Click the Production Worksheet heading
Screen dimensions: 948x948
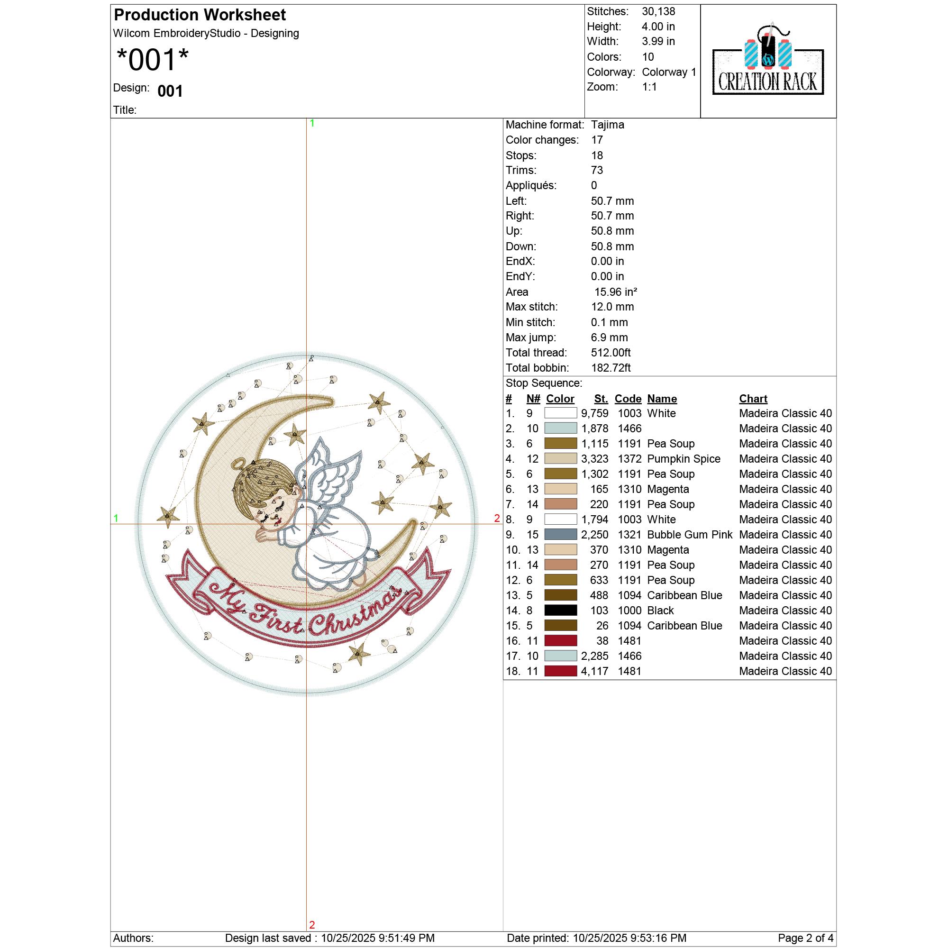(200, 15)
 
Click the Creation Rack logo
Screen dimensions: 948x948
(768, 59)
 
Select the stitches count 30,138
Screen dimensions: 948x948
(658, 11)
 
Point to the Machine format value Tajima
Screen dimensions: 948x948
(608, 125)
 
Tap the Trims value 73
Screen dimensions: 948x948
(597, 170)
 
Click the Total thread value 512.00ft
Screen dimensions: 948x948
(611, 353)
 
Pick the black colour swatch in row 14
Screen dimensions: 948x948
(561, 611)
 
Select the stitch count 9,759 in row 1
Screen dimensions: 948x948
(595, 414)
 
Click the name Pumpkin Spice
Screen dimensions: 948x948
(684, 459)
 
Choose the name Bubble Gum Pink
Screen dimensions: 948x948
(690, 535)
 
